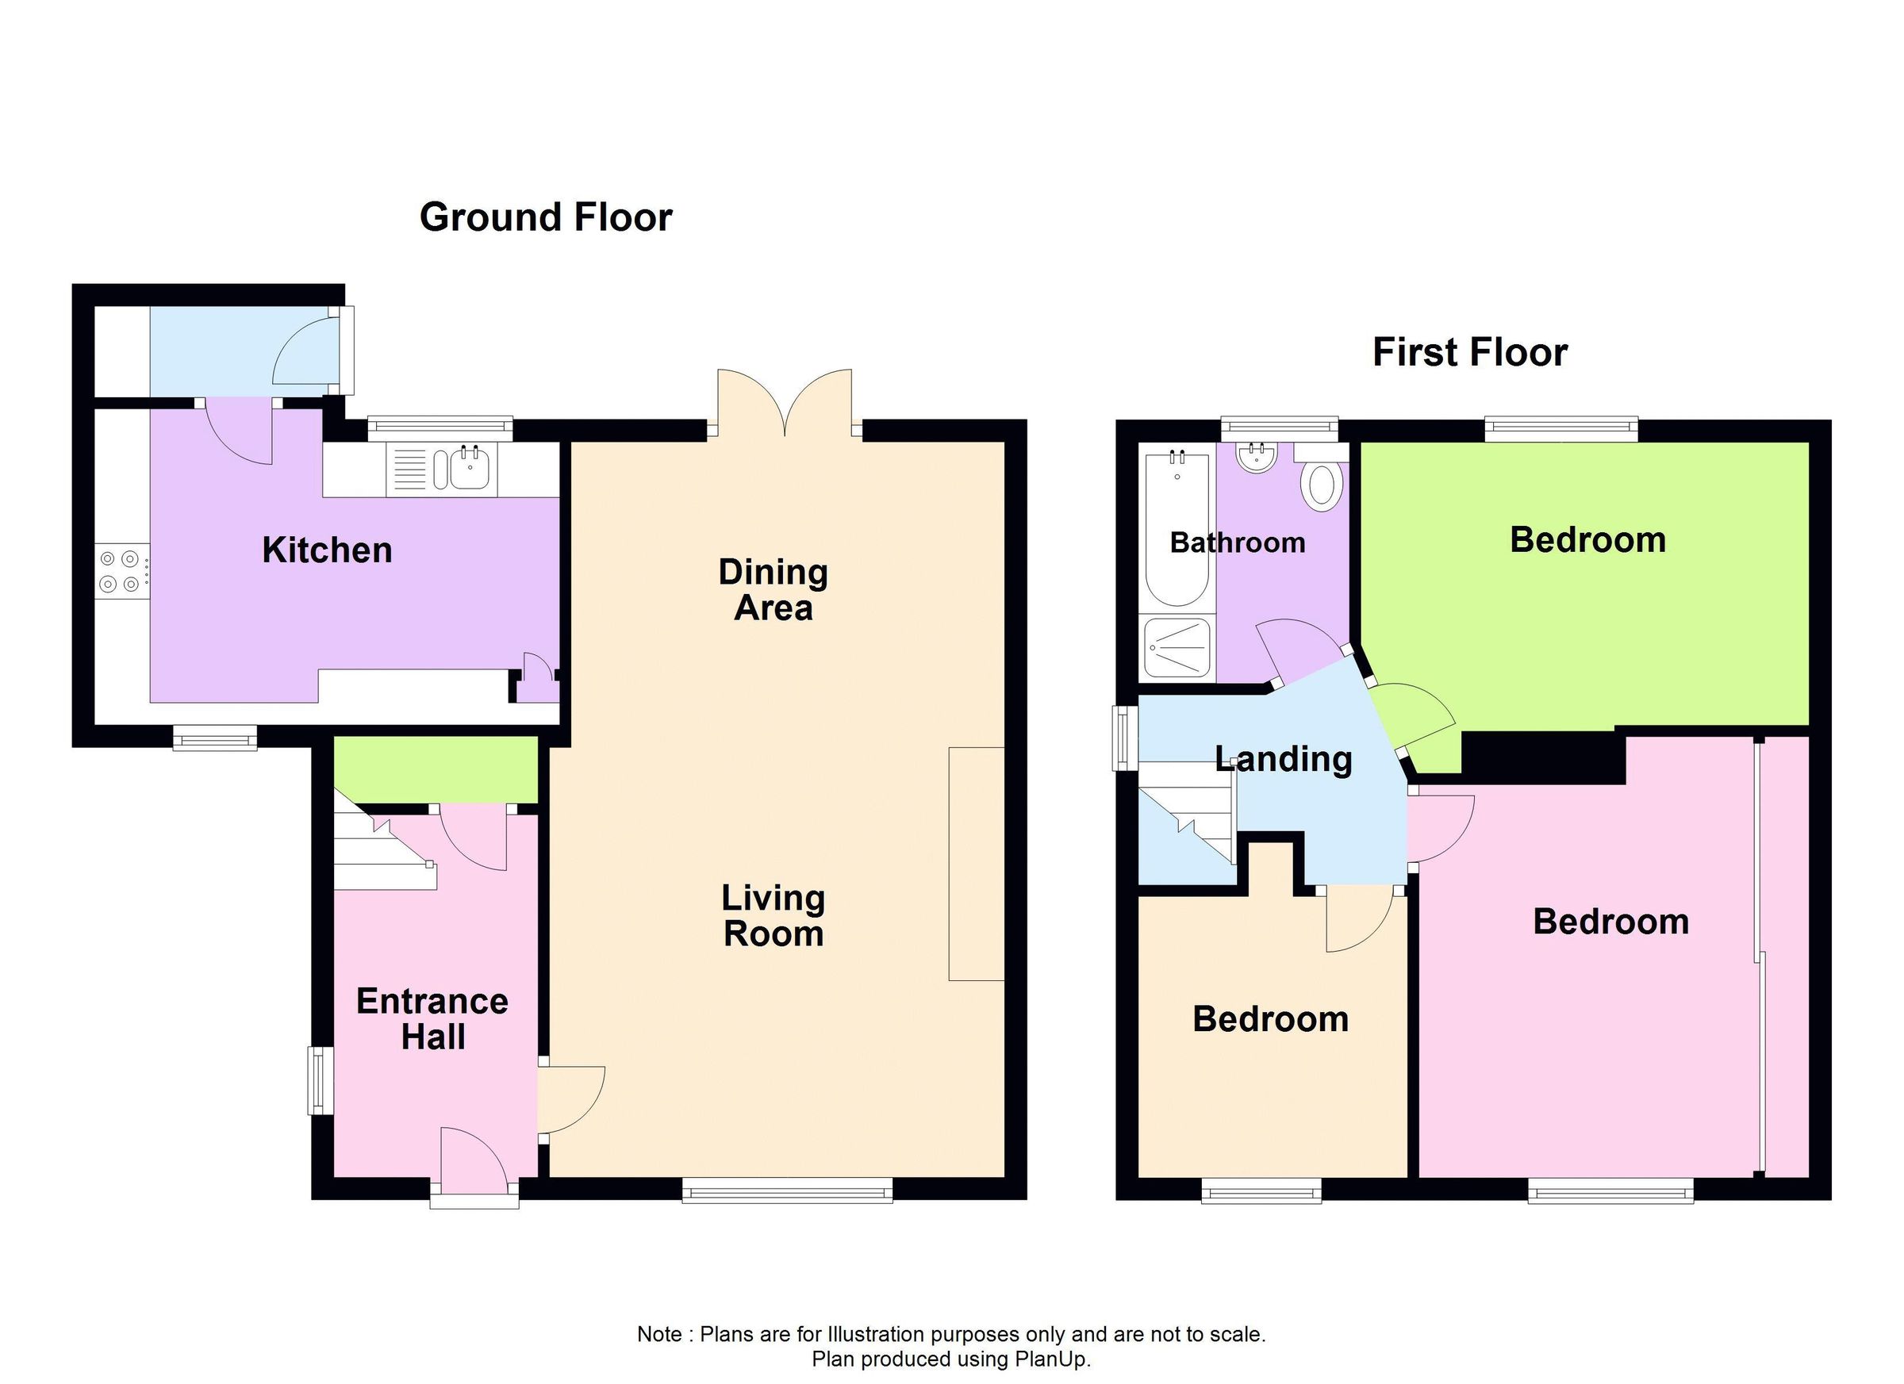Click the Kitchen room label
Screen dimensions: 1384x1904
(327, 550)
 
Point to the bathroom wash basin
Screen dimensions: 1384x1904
(1256, 458)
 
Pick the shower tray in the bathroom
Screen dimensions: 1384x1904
(1177, 649)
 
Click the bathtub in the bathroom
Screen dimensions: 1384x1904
(1177, 527)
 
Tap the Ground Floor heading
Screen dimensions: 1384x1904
(546, 217)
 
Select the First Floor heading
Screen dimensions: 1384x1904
(1469, 351)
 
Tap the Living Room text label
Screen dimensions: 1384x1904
(773, 916)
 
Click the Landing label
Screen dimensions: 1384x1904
(1283, 759)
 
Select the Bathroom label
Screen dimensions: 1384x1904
(1237, 543)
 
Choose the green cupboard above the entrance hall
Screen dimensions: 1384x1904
(435, 769)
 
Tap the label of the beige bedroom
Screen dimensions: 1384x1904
(1269, 1019)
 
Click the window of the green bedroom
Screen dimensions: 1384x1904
(1560, 429)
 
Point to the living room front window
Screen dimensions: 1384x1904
(787, 1190)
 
